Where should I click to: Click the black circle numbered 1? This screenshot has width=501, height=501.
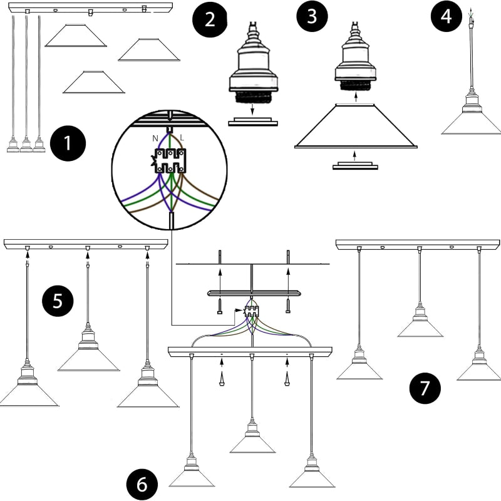click(68, 143)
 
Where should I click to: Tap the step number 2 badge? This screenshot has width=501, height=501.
click(210, 19)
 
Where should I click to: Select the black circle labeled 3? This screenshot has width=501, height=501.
click(312, 16)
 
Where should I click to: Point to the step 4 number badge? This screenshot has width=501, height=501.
click(447, 16)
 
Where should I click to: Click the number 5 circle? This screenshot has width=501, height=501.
click(58, 301)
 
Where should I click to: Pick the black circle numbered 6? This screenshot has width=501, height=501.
click(142, 484)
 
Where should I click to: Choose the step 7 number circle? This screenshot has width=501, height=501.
click(425, 388)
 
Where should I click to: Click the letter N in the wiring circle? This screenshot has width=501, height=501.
click(155, 138)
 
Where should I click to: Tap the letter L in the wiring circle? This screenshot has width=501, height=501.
click(182, 138)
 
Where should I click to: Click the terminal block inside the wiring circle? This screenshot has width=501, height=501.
click(170, 161)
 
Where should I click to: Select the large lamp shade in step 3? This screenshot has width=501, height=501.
click(356, 126)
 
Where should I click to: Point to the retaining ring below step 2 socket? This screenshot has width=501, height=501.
click(253, 121)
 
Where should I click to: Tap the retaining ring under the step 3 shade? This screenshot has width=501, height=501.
click(355, 165)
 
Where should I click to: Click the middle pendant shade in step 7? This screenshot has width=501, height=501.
click(420, 328)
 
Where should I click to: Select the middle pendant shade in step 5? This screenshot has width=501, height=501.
click(88, 359)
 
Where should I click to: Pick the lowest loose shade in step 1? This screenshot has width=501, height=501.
click(93, 82)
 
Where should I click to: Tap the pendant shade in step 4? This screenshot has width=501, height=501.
click(472, 123)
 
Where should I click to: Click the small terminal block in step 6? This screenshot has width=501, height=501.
click(251, 311)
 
